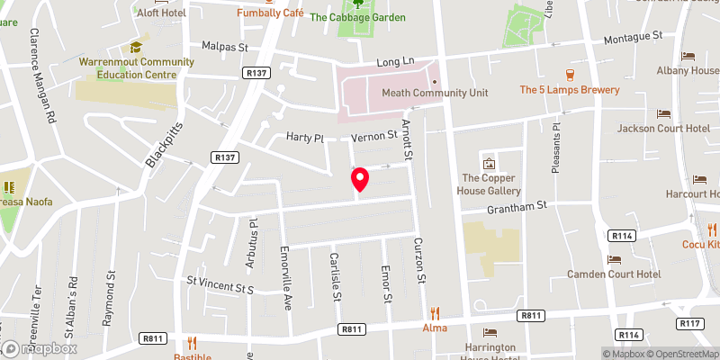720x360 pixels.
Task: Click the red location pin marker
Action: click(x=360, y=179)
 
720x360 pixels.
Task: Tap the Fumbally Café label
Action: click(x=270, y=13)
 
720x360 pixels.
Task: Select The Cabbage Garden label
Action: click(x=357, y=17)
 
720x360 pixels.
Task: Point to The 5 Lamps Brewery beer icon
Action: click(x=569, y=75)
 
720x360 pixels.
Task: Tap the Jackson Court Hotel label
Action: click(x=663, y=129)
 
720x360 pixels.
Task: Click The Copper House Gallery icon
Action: click(x=490, y=164)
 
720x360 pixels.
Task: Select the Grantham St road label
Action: click(x=518, y=206)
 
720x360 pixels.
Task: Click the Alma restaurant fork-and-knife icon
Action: click(x=435, y=313)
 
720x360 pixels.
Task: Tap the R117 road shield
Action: click(x=691, y=322)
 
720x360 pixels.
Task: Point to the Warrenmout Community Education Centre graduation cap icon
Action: click(x=136, y=47)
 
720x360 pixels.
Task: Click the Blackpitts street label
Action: click(x=163, y=145)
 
